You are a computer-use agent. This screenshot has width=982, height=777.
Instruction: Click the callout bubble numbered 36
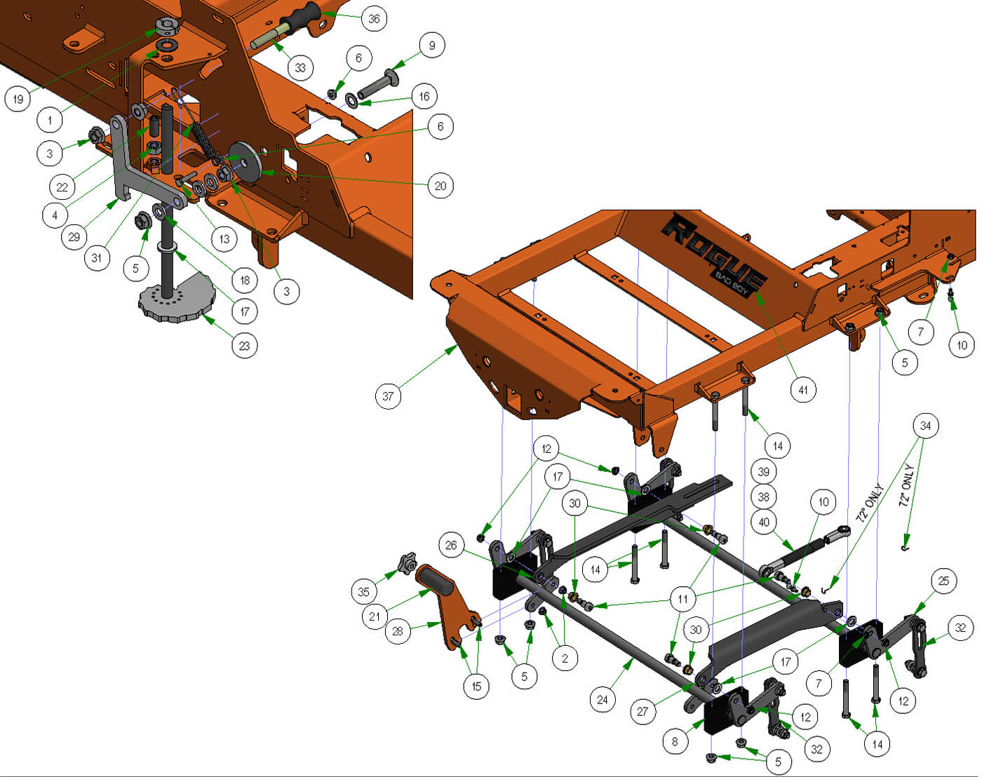(374, 19)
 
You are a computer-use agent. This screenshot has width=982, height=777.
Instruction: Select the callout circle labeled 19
(18, 99)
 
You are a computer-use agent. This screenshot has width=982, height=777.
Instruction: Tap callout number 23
(244, 346)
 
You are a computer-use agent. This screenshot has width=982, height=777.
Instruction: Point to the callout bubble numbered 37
(388, 396)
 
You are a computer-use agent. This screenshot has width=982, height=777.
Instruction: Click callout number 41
(803, 390)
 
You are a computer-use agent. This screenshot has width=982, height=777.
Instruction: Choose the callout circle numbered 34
(925, 426)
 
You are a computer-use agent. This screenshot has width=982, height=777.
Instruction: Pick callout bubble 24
(603, 699)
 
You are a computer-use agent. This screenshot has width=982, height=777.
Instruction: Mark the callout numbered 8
(675, 741)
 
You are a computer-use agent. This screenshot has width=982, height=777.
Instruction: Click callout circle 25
(943, 581)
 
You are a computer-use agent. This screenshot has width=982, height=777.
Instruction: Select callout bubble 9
(431, 45)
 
